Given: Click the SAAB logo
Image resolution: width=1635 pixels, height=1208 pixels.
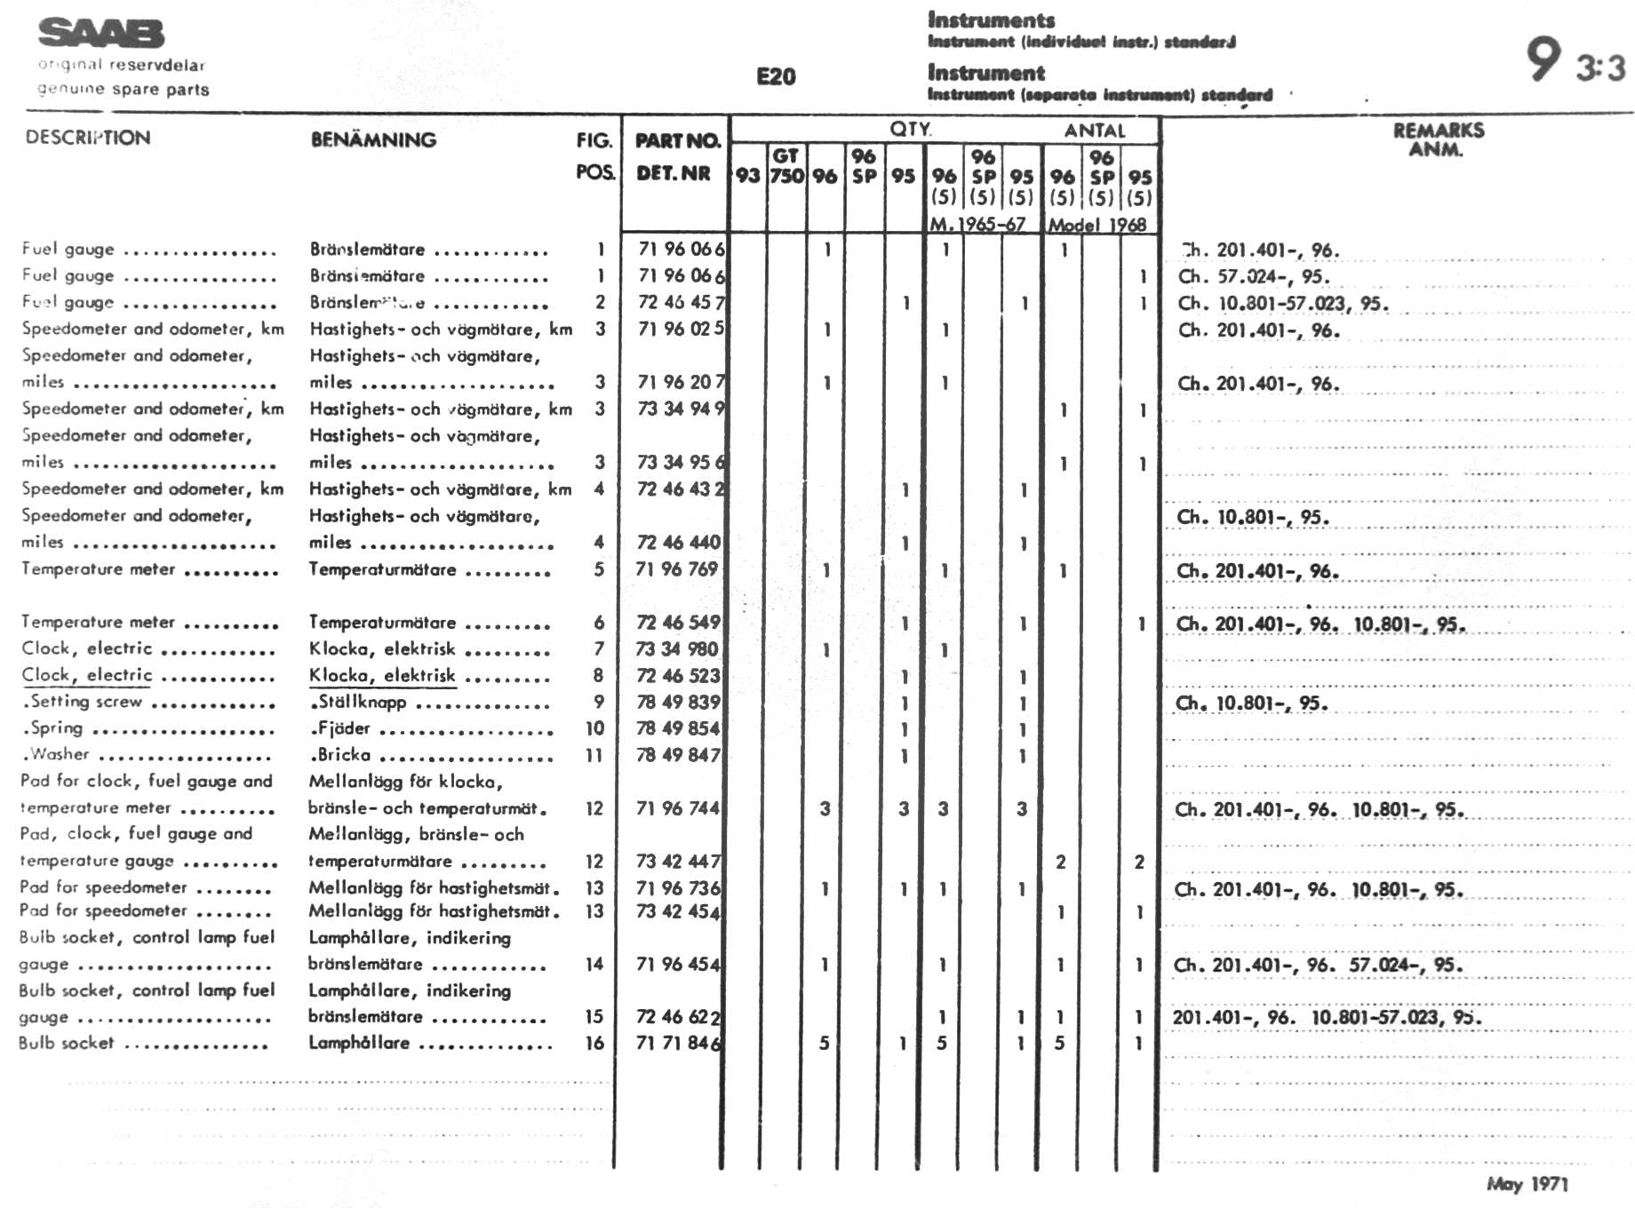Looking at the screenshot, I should coord(101,34).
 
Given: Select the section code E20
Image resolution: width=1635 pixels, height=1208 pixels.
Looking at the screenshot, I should coord(776,76).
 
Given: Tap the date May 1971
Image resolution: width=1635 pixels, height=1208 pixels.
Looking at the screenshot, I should coord(1527,1183).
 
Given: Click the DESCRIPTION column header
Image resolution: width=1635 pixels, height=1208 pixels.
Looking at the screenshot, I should coord(88,138).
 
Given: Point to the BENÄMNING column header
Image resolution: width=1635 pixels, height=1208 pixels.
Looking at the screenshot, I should coord(373,139).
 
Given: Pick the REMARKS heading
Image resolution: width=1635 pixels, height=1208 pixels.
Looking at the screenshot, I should coord(1438,131).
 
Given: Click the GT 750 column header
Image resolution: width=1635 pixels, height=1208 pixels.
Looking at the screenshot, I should coord(786,166).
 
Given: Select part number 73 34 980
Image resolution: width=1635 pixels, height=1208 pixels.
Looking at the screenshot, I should coord(677,649).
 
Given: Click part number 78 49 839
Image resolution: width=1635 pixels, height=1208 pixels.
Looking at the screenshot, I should coord(677,703).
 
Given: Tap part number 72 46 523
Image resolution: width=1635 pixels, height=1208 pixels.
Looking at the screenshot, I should coord(677,676).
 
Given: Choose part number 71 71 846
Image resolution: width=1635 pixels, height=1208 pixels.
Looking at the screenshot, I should coord(677,1043).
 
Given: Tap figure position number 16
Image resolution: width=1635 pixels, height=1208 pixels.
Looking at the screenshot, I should coord(594,1043).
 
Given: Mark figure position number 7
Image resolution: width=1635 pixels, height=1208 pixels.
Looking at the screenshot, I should coord(599,649).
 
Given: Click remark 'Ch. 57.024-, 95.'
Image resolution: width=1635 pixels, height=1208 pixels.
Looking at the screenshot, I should coord(1253,276).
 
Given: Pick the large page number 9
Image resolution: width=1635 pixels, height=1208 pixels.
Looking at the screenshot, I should coord(1543,59).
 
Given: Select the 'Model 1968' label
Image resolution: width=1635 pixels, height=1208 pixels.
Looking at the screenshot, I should coord(1097,225).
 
